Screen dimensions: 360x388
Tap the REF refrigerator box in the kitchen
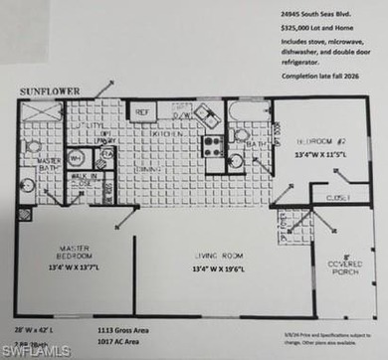pos(142,112)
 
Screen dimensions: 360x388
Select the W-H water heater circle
pos(77,156)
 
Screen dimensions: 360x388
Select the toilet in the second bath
pos(237,161)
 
